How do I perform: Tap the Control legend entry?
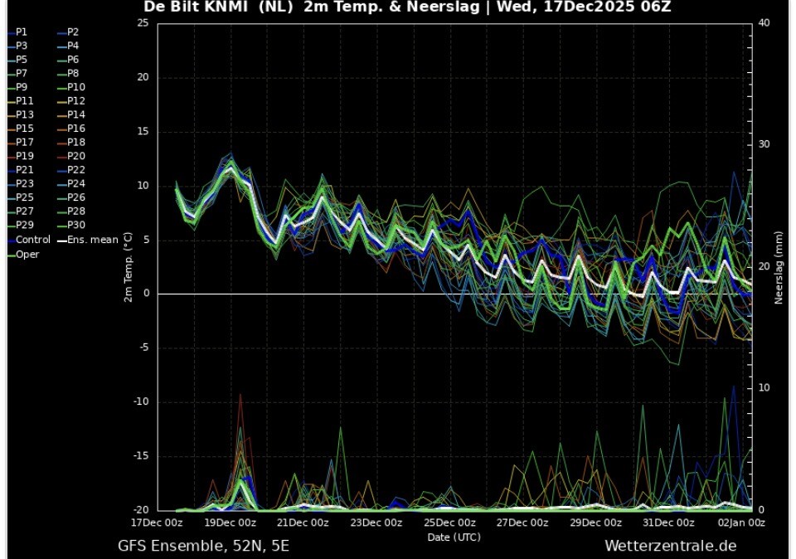click(x=32, y=240)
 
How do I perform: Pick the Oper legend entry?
click(x=27, y=254)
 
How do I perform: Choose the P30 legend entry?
click(x=76, y=226)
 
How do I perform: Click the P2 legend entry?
click(x=73, y=32)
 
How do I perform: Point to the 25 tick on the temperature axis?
click(x=143, y=23)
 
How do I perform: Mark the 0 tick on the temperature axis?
click(x=145, y=294)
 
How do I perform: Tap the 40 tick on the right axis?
click(x=764, y=23)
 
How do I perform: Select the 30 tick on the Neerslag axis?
click(x=764, y=144)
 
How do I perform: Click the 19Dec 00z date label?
click(x=231, y=523)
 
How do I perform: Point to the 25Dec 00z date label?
click(x=449, y=523)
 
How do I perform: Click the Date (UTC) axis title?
click(x=454, y=537)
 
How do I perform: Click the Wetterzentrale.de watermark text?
click(x=670, y=546)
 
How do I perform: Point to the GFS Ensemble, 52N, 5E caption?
click(x=203, y=546)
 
